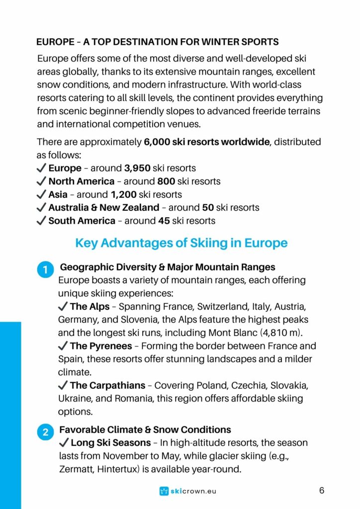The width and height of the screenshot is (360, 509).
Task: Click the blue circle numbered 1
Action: pos(45,270)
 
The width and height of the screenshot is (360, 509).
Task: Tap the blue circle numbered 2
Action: pos(45,432)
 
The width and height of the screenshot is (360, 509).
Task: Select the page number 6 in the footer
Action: pos(322,491)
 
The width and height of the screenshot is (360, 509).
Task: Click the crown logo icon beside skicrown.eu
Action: pos(164,491)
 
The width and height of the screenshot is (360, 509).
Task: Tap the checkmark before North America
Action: pos(41,181)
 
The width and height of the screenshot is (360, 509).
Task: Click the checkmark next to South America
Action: pos(41,221)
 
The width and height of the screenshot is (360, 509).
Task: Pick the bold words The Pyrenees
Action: pos(101,346)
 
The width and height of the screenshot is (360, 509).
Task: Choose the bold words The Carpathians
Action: pos(107,385)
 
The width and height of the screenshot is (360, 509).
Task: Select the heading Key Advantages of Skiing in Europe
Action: pos(181,243)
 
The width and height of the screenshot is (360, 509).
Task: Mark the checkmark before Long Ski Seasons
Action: pos(64,442)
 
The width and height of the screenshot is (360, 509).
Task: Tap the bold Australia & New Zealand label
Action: pos(103,207)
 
